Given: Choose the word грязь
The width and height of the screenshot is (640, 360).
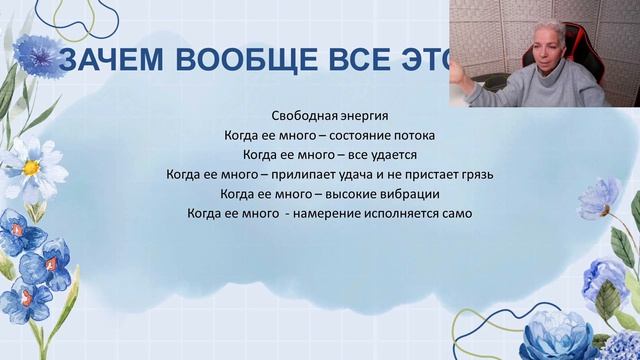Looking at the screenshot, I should pos(476,174).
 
